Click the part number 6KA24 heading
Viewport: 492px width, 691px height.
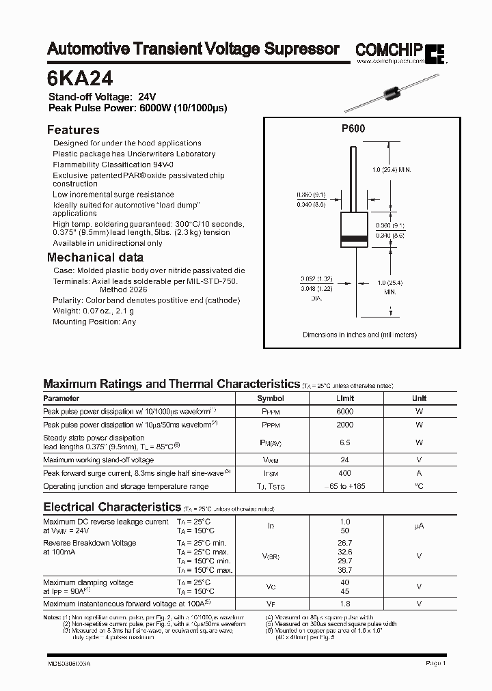pos(75,77)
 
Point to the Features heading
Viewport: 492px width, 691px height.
pos(72,130)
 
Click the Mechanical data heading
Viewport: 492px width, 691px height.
pos(95,257)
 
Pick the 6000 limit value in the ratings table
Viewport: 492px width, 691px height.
pos(345,412)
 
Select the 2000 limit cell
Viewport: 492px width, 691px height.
pos(345,425)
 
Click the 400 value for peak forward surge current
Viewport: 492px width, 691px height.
pos(345,473)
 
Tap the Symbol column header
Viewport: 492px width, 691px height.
pos(271,398)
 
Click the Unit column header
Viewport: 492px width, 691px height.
pos(419,398)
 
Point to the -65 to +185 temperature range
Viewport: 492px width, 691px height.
pos(345,486)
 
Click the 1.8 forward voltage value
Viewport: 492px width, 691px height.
pos(345,604)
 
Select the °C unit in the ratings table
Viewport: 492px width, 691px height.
pos(419,486)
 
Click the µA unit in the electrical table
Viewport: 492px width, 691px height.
pos(419,526)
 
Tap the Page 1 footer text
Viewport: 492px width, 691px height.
pos(436,663)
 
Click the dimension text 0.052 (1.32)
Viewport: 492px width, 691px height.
pos(316,279)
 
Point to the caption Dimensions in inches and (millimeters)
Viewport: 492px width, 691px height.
pos(359,335)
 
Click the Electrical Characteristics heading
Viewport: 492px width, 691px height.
pos(111,507)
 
